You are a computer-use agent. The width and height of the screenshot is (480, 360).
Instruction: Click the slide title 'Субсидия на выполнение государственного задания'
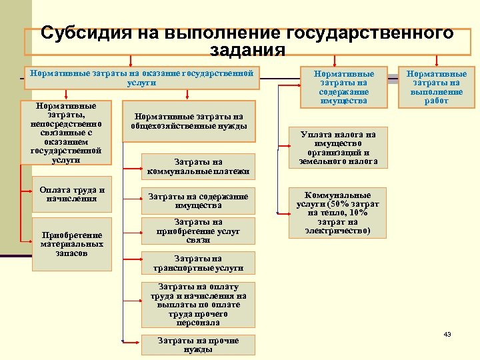tap(247, 41)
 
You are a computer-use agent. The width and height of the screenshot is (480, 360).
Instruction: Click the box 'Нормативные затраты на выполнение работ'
tap(436, 87)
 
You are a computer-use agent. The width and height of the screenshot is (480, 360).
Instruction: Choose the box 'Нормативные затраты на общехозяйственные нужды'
tap(189, 121)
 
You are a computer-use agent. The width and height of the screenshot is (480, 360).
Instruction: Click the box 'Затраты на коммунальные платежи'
tap(198, 167)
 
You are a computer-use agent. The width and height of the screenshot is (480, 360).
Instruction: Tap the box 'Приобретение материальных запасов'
tap(71, 244)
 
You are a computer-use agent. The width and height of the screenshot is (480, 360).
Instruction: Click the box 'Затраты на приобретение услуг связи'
tap(198, 231)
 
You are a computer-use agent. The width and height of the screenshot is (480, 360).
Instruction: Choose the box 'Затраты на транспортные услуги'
tap(198, 263)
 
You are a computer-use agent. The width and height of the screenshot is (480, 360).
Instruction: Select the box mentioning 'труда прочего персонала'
tap(198, 305)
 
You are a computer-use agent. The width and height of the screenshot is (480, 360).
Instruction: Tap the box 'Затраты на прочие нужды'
tap(198, 345)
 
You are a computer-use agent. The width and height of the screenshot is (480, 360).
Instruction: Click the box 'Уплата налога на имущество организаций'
tap(338, 148)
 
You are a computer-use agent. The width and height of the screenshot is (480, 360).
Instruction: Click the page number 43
tap(447, 334)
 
